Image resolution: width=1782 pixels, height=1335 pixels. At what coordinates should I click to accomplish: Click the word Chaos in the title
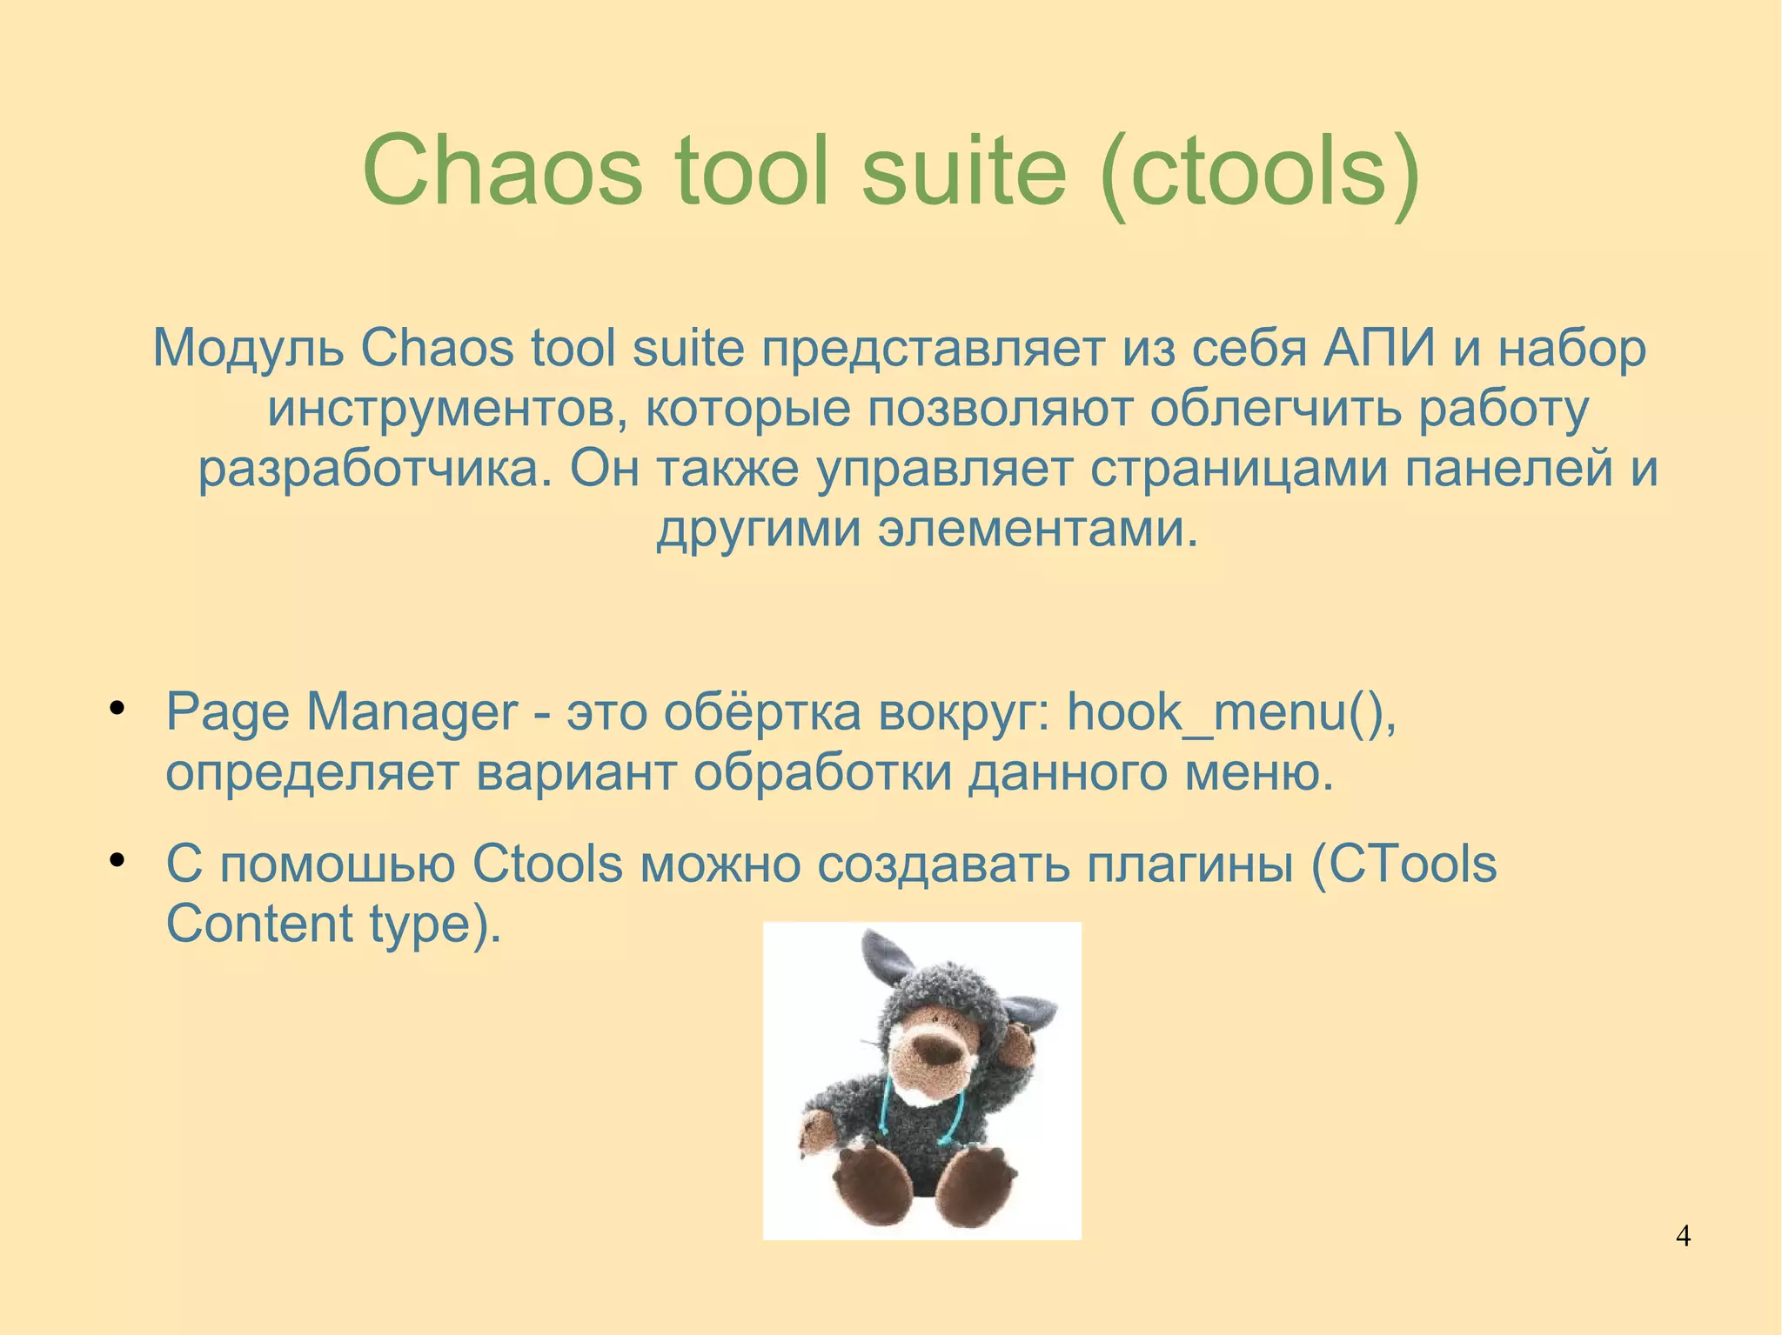pyautogui.click(x=502, y=171)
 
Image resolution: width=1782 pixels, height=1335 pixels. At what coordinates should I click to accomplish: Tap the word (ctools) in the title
pyautogui.click(x=1259, y=171)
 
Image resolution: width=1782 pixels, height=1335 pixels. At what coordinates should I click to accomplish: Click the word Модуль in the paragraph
pyautogui.click(x=247, y=349)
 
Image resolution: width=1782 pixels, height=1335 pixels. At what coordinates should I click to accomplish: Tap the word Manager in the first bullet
pyautogui.click(x=412, y=713)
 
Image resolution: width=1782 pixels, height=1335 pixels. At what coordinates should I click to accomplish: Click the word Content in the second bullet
pyautogui.click(x=258, y=924)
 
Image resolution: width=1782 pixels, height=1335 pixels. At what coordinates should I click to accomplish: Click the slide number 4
pyautogui.click(x=1683, y=1236)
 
